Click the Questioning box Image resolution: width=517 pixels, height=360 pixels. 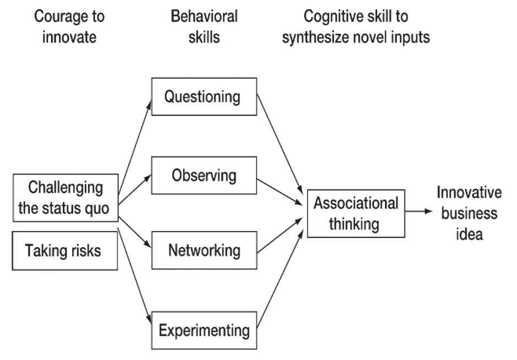tap(204, 97)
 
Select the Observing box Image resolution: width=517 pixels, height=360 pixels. tap(204, 176)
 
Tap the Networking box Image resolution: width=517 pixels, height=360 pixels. tap(204, 250)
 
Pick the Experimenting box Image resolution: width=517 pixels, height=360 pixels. tap(204, 330)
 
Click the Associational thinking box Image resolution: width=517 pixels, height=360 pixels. tap(355, 213)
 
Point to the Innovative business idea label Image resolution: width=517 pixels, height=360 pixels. tap(469, 213)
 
